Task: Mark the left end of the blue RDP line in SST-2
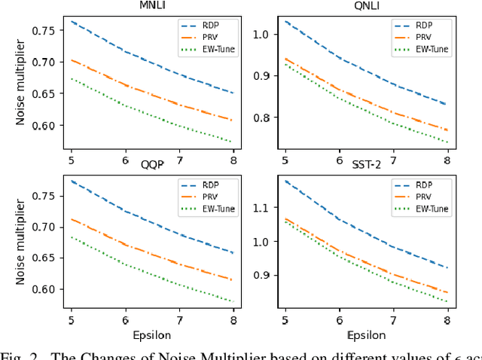pyautogui.click(x=285, y=181)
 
